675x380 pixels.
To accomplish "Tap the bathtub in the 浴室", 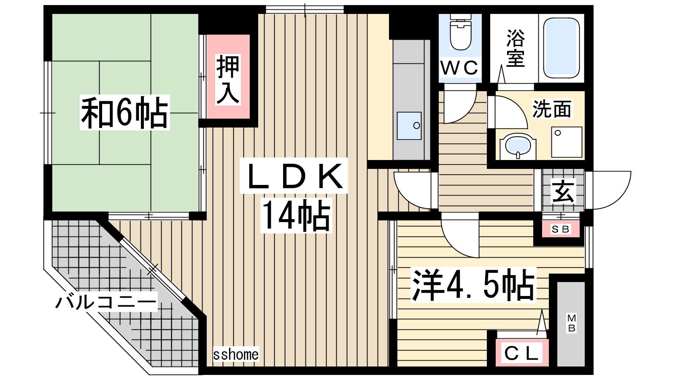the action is tap(562, 48).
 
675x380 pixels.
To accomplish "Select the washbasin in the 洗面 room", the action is tap(518, 146).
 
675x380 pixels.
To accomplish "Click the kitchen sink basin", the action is tap(409, 126).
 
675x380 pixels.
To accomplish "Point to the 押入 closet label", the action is tap(228, 79).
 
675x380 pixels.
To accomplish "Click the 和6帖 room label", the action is tap(124, 112).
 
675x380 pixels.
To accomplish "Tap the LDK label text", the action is tap(294, 176).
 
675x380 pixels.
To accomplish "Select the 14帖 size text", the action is tap(296, 215).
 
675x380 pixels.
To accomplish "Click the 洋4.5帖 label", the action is tap(473, 285).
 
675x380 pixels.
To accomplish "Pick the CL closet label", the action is tap(521, 353).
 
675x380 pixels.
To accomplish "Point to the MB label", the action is tap(572, 323).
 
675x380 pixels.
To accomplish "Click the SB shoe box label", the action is tap(561, 230).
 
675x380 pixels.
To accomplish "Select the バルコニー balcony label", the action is tap(106, 301).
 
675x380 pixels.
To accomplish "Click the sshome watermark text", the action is tap(236, 354).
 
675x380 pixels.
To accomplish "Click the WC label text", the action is tap(459, 68).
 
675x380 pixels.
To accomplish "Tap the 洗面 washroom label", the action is tap(552, 109).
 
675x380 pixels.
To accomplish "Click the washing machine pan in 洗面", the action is tap(567, 142).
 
